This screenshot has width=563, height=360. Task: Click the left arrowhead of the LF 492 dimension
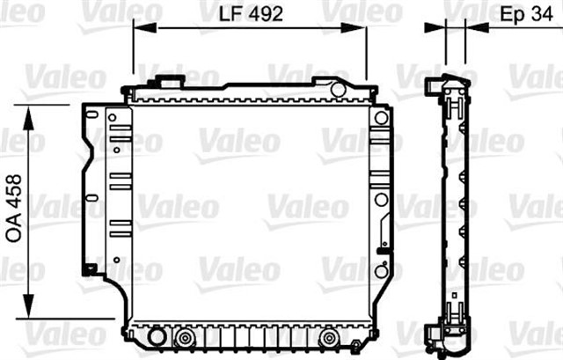click(x=139, y=26)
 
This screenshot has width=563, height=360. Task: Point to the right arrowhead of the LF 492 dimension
click(x=361, y=26)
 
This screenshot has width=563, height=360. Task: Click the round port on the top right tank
click(x=338, y=89)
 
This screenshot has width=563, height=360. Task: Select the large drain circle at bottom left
click(x=157, y=337)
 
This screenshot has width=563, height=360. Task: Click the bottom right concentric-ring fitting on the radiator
click(x=329, y=337)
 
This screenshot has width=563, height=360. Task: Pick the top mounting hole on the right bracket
click(x=381, y=118)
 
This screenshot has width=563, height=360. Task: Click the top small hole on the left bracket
click(x=112, y=117)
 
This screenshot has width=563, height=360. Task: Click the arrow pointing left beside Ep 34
click(x=473, y=27)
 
